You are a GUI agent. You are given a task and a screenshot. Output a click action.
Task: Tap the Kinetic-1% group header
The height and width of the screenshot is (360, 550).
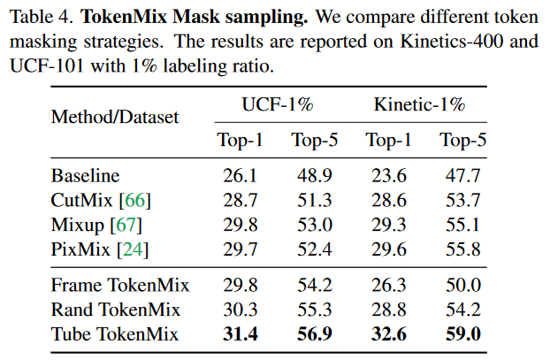[x=419, y=105]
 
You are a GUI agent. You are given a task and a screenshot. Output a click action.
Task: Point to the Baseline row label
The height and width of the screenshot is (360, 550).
[x=86, y=176]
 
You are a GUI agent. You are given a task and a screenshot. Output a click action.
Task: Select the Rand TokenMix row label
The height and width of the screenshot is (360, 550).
[x=116, y=310]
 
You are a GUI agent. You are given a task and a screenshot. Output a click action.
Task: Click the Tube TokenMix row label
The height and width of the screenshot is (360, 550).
[x=115, y=333]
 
